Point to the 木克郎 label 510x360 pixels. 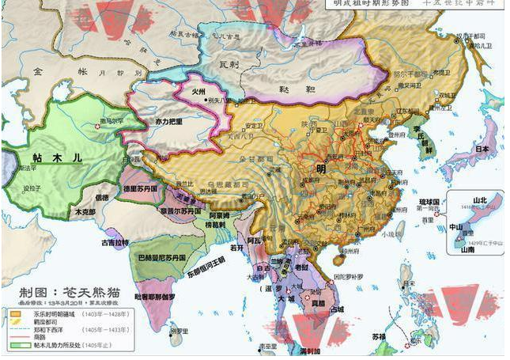[x=85, y=212]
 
